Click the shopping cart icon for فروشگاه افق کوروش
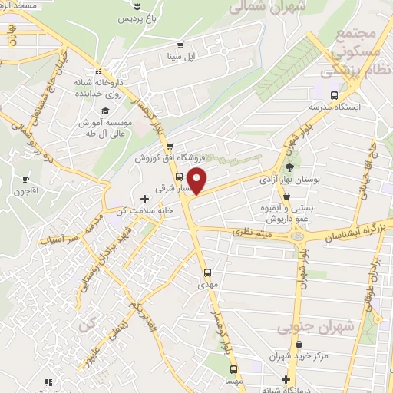click(x=171, y=146)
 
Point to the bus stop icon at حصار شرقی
click(x=179, y=175)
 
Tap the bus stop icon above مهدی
click(x=207, y=272)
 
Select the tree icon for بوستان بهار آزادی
click(x=289, y=167)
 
